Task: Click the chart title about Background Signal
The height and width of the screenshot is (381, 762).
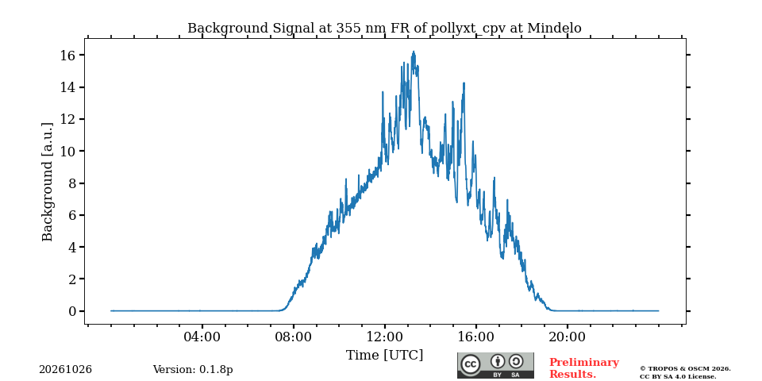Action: pos(384,29)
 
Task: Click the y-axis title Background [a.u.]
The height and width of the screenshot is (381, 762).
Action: pos(47,181)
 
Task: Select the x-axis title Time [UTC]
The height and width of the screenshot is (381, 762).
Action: pos(384,356)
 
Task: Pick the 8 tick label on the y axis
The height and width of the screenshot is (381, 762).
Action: pos(72,183)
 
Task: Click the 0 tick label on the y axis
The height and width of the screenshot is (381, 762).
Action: pos(72,311)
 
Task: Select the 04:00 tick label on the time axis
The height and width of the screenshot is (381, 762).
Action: pos(202,337)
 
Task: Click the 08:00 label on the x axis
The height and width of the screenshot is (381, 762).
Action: pos(294,337)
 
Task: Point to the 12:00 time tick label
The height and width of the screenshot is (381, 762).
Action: pos(384,337)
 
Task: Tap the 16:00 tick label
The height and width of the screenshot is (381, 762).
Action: pos(475,337)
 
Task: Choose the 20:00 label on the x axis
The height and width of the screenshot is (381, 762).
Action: pos(567,337)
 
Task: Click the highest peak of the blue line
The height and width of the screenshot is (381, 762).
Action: pos(414,52)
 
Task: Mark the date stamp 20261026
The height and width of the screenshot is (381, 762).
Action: pos(66,370)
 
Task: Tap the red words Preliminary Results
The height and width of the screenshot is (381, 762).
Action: pos(584,368)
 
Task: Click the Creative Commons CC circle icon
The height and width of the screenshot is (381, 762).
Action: pos(471,364)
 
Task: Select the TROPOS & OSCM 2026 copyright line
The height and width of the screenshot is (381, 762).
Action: pos(685,369)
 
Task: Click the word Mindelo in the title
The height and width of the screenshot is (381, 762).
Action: pos(555,29)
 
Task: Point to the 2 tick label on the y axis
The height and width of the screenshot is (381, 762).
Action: pos(72,279)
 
